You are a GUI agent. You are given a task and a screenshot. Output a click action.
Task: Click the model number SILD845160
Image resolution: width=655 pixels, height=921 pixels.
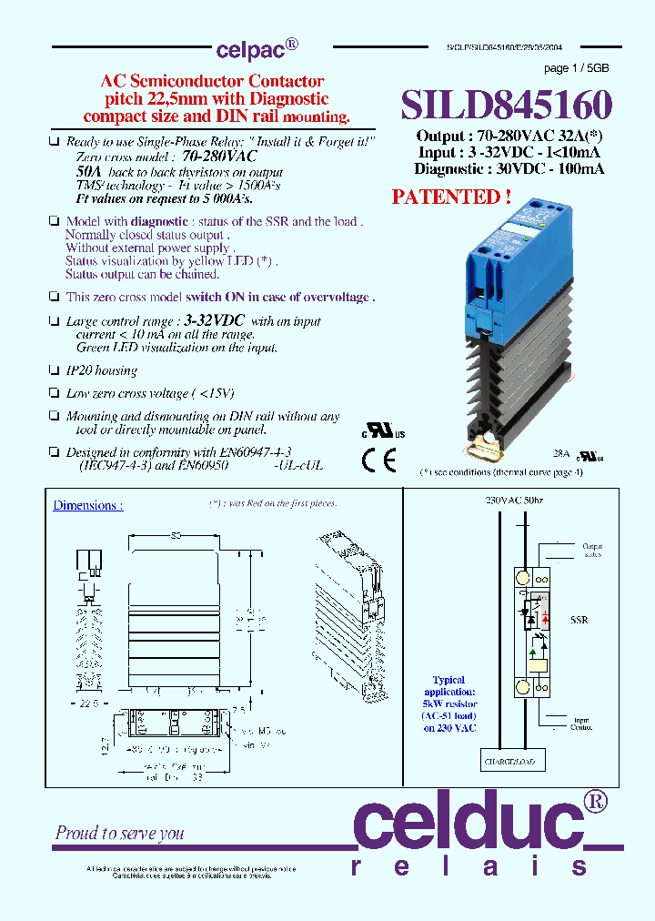click(507, 105)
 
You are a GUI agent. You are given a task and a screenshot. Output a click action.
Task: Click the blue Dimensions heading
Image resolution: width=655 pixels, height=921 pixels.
click(87, 505)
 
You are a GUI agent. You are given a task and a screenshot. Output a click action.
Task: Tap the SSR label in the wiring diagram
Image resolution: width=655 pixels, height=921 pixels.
click(579, 620)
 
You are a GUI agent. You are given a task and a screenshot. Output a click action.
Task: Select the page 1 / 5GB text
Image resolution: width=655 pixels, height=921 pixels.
click(577, 69)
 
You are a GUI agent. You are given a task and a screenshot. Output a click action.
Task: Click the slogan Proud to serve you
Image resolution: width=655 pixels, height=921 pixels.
click(119, 833)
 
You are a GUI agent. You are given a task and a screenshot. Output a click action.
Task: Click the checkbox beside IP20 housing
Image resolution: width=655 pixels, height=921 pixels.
click(54, 370)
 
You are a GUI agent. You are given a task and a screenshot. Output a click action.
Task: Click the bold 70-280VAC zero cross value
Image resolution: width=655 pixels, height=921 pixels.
click(219, 157)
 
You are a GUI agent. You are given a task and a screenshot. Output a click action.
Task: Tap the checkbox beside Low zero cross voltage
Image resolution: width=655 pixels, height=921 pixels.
click(54, 393)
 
